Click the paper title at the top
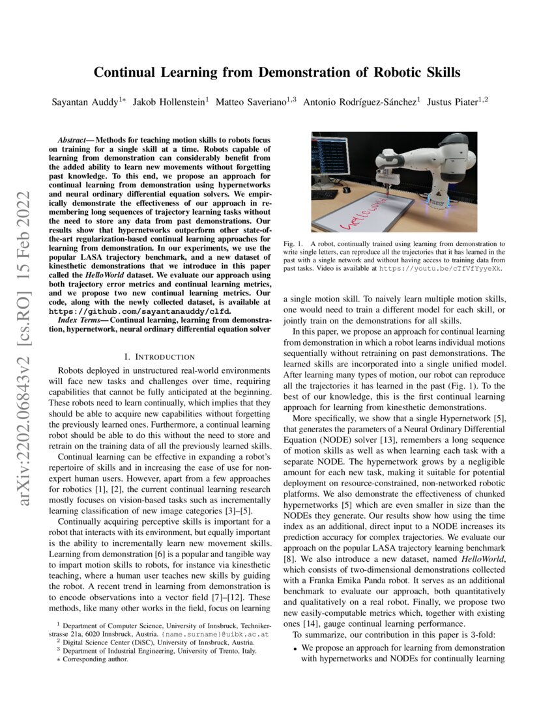coord(276,72)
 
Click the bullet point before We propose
coord(295,648)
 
